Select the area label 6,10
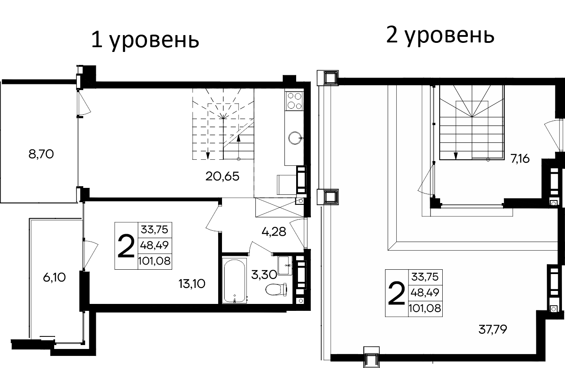pos(54,278)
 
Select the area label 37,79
pos(493,330)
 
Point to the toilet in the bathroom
pos(277,289)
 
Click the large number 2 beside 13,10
pos(126,245)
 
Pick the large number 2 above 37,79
pos(396,293)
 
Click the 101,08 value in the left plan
pos(154,261)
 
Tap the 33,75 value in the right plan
pos(425,276)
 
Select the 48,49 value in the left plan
pos(154,245)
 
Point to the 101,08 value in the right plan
pos(425,308)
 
